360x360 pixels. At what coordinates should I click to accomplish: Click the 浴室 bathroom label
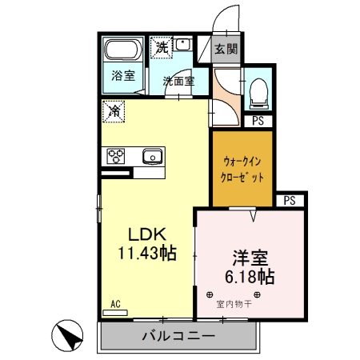click(122, 75)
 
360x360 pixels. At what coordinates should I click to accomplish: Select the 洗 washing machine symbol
click(162, 47)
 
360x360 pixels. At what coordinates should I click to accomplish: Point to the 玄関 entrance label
click(226, 49)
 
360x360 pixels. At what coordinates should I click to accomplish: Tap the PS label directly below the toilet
click(258, 122)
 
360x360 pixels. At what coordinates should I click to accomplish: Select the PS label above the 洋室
click(290, 201)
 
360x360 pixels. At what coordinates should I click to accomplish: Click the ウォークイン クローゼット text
click(242, 169)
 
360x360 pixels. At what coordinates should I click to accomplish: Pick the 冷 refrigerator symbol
click(114, 111)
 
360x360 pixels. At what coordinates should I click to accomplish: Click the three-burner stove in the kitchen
click(114, 156)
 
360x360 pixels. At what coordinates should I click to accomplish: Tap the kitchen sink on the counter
click(151, 156)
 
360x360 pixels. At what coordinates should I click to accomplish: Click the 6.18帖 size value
click(250, 278)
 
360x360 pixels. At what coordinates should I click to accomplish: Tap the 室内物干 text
click(234, 304)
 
